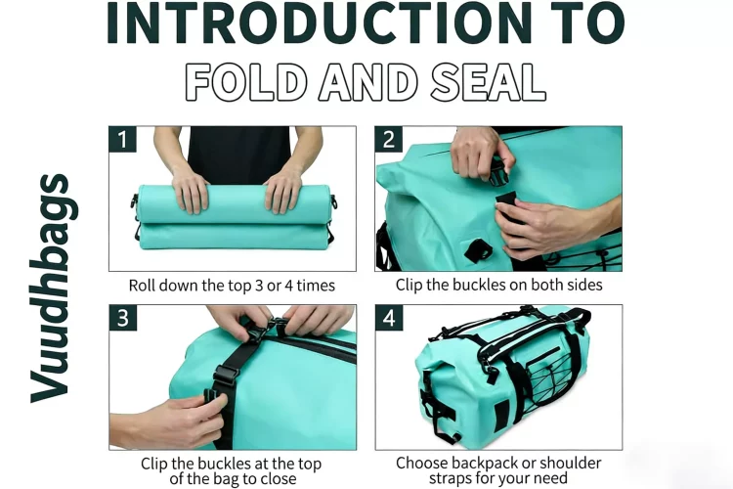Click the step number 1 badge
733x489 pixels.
tap(122, 140)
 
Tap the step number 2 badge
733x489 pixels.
tap(388, 140)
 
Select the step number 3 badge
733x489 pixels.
tap(123, 318)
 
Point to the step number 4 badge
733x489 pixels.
tap(388, 318)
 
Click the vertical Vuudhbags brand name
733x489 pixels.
tap(55, 289)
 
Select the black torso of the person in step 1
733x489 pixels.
tap(238, 156)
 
